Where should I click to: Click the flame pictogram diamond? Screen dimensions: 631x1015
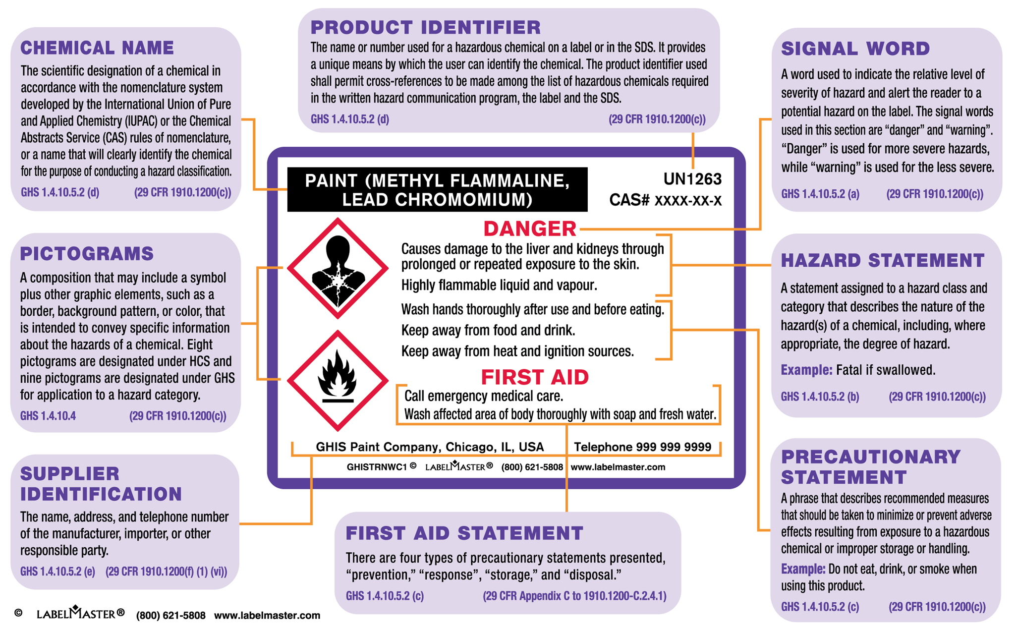(338, 380)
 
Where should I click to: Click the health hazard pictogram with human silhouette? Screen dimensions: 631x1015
(338, 268)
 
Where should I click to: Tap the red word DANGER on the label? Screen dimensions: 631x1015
(529, 229)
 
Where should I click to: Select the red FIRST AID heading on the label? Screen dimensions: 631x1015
(534, 378)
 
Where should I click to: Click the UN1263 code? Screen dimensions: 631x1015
(692, 179)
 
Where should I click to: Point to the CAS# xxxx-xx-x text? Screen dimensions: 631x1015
(665, 200)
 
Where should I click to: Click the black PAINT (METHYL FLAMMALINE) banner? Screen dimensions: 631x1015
(437, 190)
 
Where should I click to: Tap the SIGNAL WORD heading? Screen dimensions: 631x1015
(855, 49)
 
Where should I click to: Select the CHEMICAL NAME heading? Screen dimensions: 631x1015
(97, 48)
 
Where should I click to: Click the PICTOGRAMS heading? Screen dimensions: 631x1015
(87, 254)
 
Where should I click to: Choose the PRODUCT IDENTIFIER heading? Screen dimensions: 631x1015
(425, 27)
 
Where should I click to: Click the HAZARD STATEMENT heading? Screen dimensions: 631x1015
(882, 261)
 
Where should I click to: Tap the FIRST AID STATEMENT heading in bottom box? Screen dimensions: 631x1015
(464, 533)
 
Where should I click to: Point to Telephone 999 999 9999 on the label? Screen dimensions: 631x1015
(642, 447)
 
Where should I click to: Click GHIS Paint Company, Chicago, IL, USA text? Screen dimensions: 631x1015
(430, 447)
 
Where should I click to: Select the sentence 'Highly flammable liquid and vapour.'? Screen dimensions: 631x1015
(499, 286)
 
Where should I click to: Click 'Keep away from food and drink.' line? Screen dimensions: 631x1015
(488, 331)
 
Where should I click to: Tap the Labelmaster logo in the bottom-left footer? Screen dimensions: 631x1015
(80, 614)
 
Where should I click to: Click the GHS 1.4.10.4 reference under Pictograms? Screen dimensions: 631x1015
(48, 416)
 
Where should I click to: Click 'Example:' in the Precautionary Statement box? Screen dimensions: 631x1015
(803, 569)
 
